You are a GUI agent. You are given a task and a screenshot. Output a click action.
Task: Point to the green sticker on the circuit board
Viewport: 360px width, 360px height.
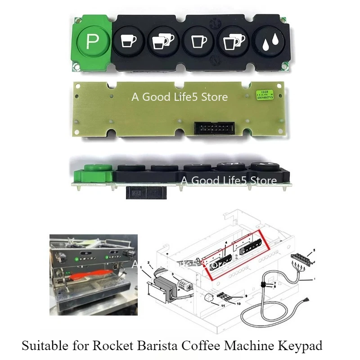pyautogui.click(x=266, y=94)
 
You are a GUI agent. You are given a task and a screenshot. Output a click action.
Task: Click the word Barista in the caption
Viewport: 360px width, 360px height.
pyautogui.click(x=151, y=346)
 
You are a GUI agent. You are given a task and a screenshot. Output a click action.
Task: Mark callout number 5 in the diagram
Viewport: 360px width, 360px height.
pyautogui.click(x=315, y=250)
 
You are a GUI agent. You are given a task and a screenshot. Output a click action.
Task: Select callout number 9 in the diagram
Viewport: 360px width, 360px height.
pyautogui.click(x=246, y=296)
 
